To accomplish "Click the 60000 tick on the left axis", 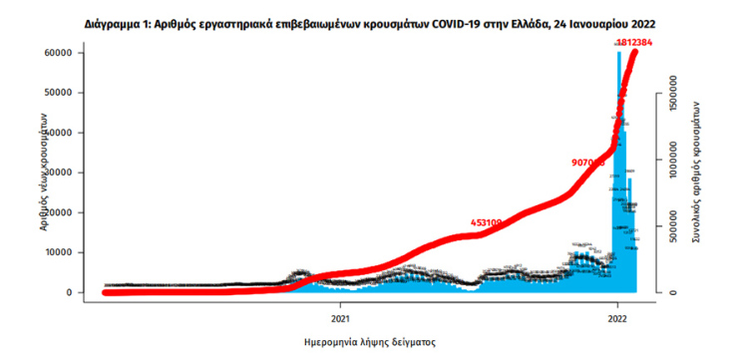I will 64,53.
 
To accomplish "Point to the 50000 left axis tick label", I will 64,93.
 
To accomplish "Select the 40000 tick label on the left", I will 64,133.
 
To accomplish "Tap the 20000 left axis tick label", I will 64,212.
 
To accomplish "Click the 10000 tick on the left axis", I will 64,252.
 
